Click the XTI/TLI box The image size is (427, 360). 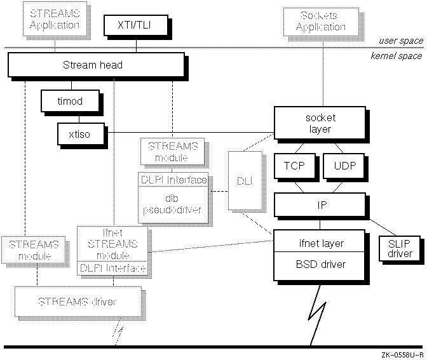pyautogui.click(x=134, y=25)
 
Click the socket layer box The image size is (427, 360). pyautogui.click(x=320, y=123)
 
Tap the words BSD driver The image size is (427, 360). pyautogui.click(x=322, y=264)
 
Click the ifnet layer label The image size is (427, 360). pyautogui.click(x=322, y=243)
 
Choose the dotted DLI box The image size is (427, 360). pyautogui.click(x=244, y=181)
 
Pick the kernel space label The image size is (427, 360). pyautogui.click(x=396, y=56)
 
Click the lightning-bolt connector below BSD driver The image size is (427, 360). pyautogui.click(x=316, y=313)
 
